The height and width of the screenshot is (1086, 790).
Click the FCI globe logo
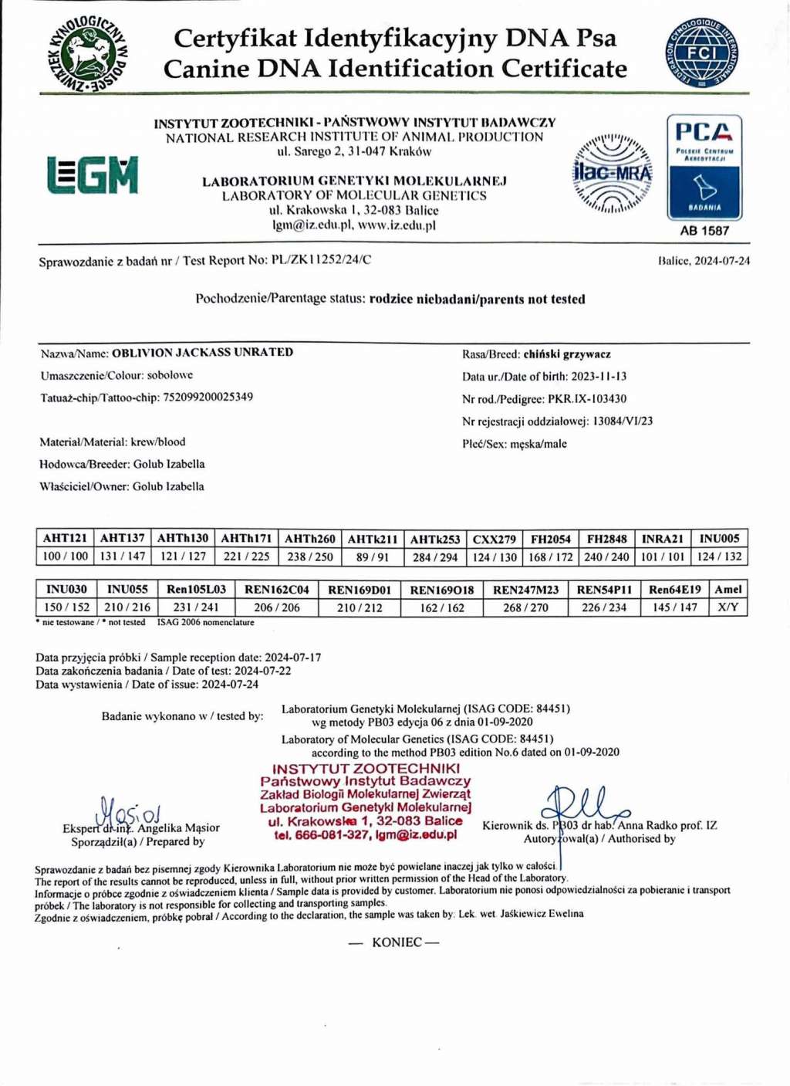[x=701, y=53]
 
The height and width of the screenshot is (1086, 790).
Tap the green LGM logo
[x=93, y=175]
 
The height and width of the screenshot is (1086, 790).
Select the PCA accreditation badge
[x=704, y=167]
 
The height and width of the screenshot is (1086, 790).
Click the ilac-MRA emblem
[x=612, y=174]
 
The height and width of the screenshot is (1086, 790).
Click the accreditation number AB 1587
[x=704, y=231]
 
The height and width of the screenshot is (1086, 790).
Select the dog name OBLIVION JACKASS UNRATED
[x=202, y=353]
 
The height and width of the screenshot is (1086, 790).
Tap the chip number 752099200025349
[x=208, y=398]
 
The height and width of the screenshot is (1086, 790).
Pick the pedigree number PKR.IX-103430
[x=587, y=399]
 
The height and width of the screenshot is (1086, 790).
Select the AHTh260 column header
[x=309, y=539]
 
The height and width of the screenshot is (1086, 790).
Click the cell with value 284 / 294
[x=434, y=557]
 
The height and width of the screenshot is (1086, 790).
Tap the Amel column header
[x=728, y=590]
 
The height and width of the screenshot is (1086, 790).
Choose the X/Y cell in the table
[x=728, y=608]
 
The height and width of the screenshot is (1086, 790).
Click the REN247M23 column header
[x=525, y=590]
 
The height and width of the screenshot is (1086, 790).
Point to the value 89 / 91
[x=373, y=557]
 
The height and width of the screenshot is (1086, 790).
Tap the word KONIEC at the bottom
[x=397, y=942]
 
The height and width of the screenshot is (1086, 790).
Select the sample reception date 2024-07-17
[x=292, y=658]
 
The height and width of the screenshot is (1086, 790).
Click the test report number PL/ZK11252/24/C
[x=321, y=260]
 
